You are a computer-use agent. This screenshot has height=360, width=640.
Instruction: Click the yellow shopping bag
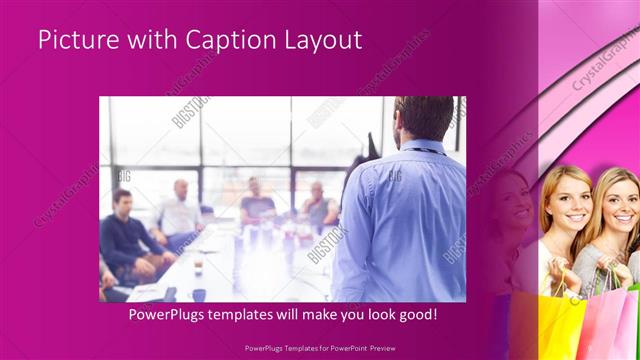point(561,325)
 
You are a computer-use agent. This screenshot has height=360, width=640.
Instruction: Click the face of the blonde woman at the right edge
point(622,206)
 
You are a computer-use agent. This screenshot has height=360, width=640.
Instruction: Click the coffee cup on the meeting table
point(198,265)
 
